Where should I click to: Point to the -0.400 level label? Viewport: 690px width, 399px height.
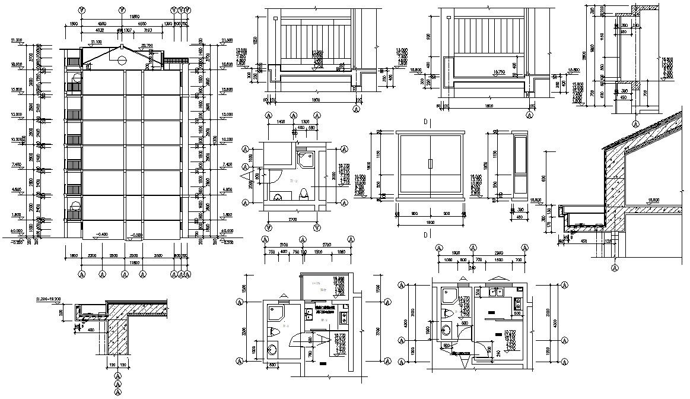102,235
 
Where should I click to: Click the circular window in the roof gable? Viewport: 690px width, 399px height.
121,59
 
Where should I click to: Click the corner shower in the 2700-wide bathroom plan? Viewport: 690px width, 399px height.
306,159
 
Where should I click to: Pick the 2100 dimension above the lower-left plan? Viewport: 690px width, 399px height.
283,245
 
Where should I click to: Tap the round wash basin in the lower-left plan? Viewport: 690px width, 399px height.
274,349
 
